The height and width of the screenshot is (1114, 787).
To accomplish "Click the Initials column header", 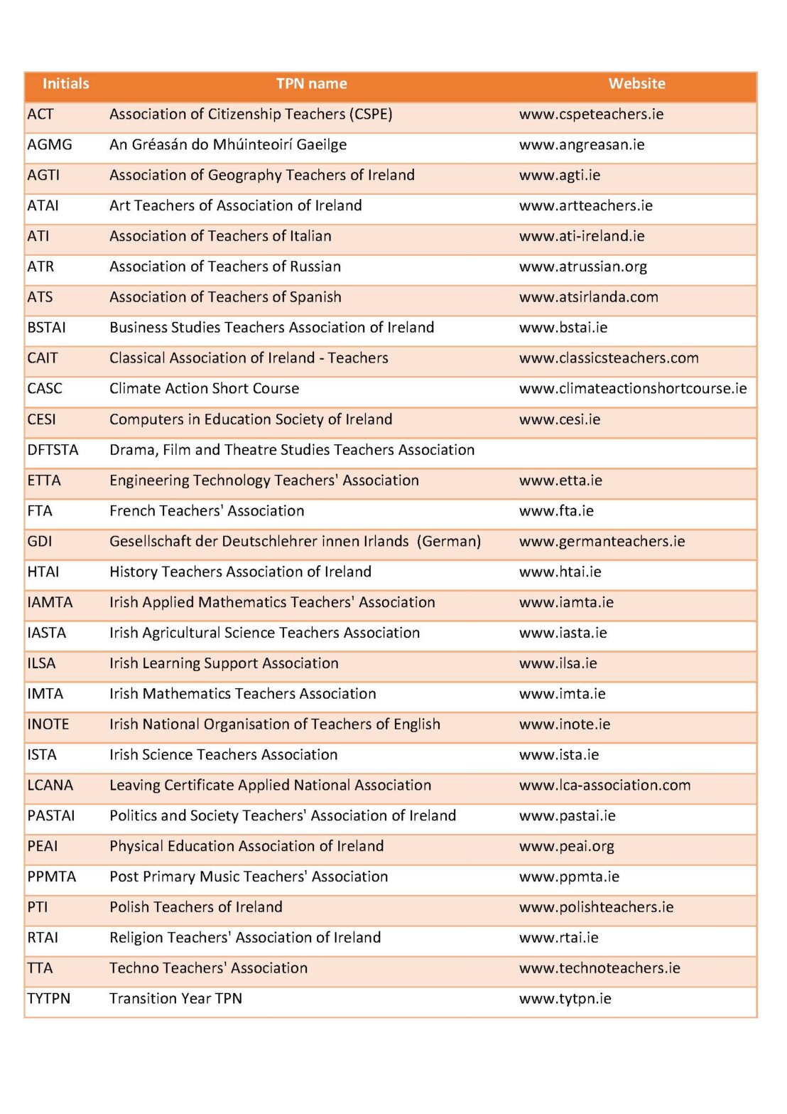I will click(65, 84).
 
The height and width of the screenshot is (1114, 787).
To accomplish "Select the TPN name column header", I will click(311, 84).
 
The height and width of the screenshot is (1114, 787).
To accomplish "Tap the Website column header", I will click(636, 84).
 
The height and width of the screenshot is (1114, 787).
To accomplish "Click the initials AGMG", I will click(50, 145).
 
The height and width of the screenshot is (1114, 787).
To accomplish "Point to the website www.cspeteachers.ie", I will click(591, 114).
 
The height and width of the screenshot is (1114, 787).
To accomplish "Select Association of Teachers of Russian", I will click(225, 267).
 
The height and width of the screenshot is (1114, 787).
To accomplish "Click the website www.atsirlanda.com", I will click(588, 297).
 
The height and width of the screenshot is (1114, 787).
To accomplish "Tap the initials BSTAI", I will click(46, 328).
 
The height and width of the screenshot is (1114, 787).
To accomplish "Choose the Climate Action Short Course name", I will click(204, 389).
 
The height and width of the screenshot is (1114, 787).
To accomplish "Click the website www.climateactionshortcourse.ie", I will click(632, 389).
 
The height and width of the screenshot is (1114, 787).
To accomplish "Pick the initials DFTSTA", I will click(53, 450).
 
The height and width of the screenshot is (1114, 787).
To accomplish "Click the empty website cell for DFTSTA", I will click(632, 450).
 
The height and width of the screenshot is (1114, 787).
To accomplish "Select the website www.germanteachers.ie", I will click(602, 542).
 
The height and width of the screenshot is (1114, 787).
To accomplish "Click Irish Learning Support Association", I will click(224, 663).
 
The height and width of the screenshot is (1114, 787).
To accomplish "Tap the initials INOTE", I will click(48, 724).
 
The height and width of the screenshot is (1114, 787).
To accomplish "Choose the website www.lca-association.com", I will click(604, 786).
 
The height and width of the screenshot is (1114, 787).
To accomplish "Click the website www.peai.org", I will click(566, 847).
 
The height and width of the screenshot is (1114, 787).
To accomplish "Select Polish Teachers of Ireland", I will click(196, 908).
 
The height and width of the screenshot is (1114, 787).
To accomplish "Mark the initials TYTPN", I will click(49, 999).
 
